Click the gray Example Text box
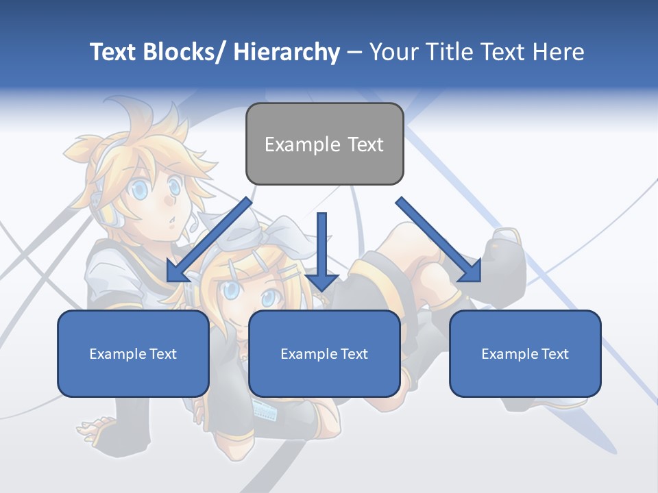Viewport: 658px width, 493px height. [324, 144]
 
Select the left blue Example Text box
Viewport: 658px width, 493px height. [133, 353]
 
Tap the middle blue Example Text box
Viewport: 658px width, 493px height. [324, 353]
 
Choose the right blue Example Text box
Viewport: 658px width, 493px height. [525, 353]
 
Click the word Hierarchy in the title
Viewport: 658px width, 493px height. [287, 52]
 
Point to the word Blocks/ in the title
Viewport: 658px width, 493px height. [184, 52]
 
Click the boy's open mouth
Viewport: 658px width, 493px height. [173, 220]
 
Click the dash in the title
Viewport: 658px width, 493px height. [354, 52]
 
